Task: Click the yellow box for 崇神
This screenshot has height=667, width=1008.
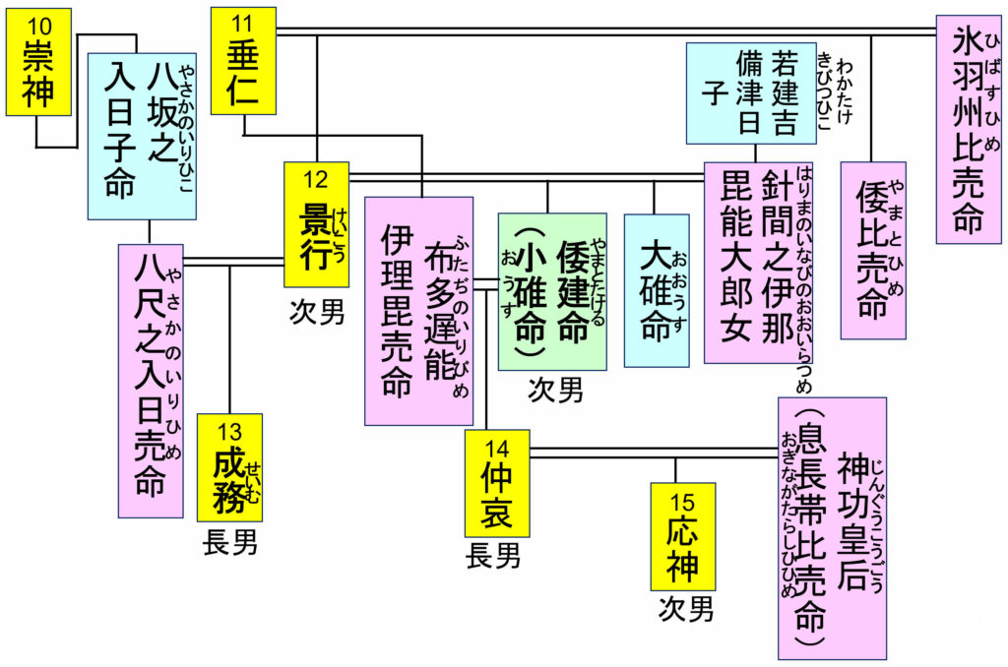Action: (x=39, y=64)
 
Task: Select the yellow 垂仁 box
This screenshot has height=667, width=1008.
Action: (x=243, y=60)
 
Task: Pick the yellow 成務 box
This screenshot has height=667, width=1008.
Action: (x=229, y=467)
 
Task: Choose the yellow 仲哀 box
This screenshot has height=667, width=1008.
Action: (x=497, y=483)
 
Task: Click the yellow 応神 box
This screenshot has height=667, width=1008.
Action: (x=682, y=536)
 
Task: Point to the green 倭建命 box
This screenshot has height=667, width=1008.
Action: (x=551, y=291)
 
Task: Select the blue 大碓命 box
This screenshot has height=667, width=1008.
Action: (x=657, y=290)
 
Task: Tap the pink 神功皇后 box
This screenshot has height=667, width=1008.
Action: (x=832, y=528)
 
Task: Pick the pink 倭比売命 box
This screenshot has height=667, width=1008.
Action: (x=873, y=250)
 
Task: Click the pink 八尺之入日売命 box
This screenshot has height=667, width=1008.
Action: (x=150, y=380)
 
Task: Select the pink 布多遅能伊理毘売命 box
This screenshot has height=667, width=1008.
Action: (x=419, y=311)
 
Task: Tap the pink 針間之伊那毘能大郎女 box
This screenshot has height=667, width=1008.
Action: (x=755, y=263)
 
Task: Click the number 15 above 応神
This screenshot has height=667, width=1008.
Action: (x=681, y=503)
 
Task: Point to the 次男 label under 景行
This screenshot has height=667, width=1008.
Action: (x=317, y=312)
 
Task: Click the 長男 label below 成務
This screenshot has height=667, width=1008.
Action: (x=230, y=542)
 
